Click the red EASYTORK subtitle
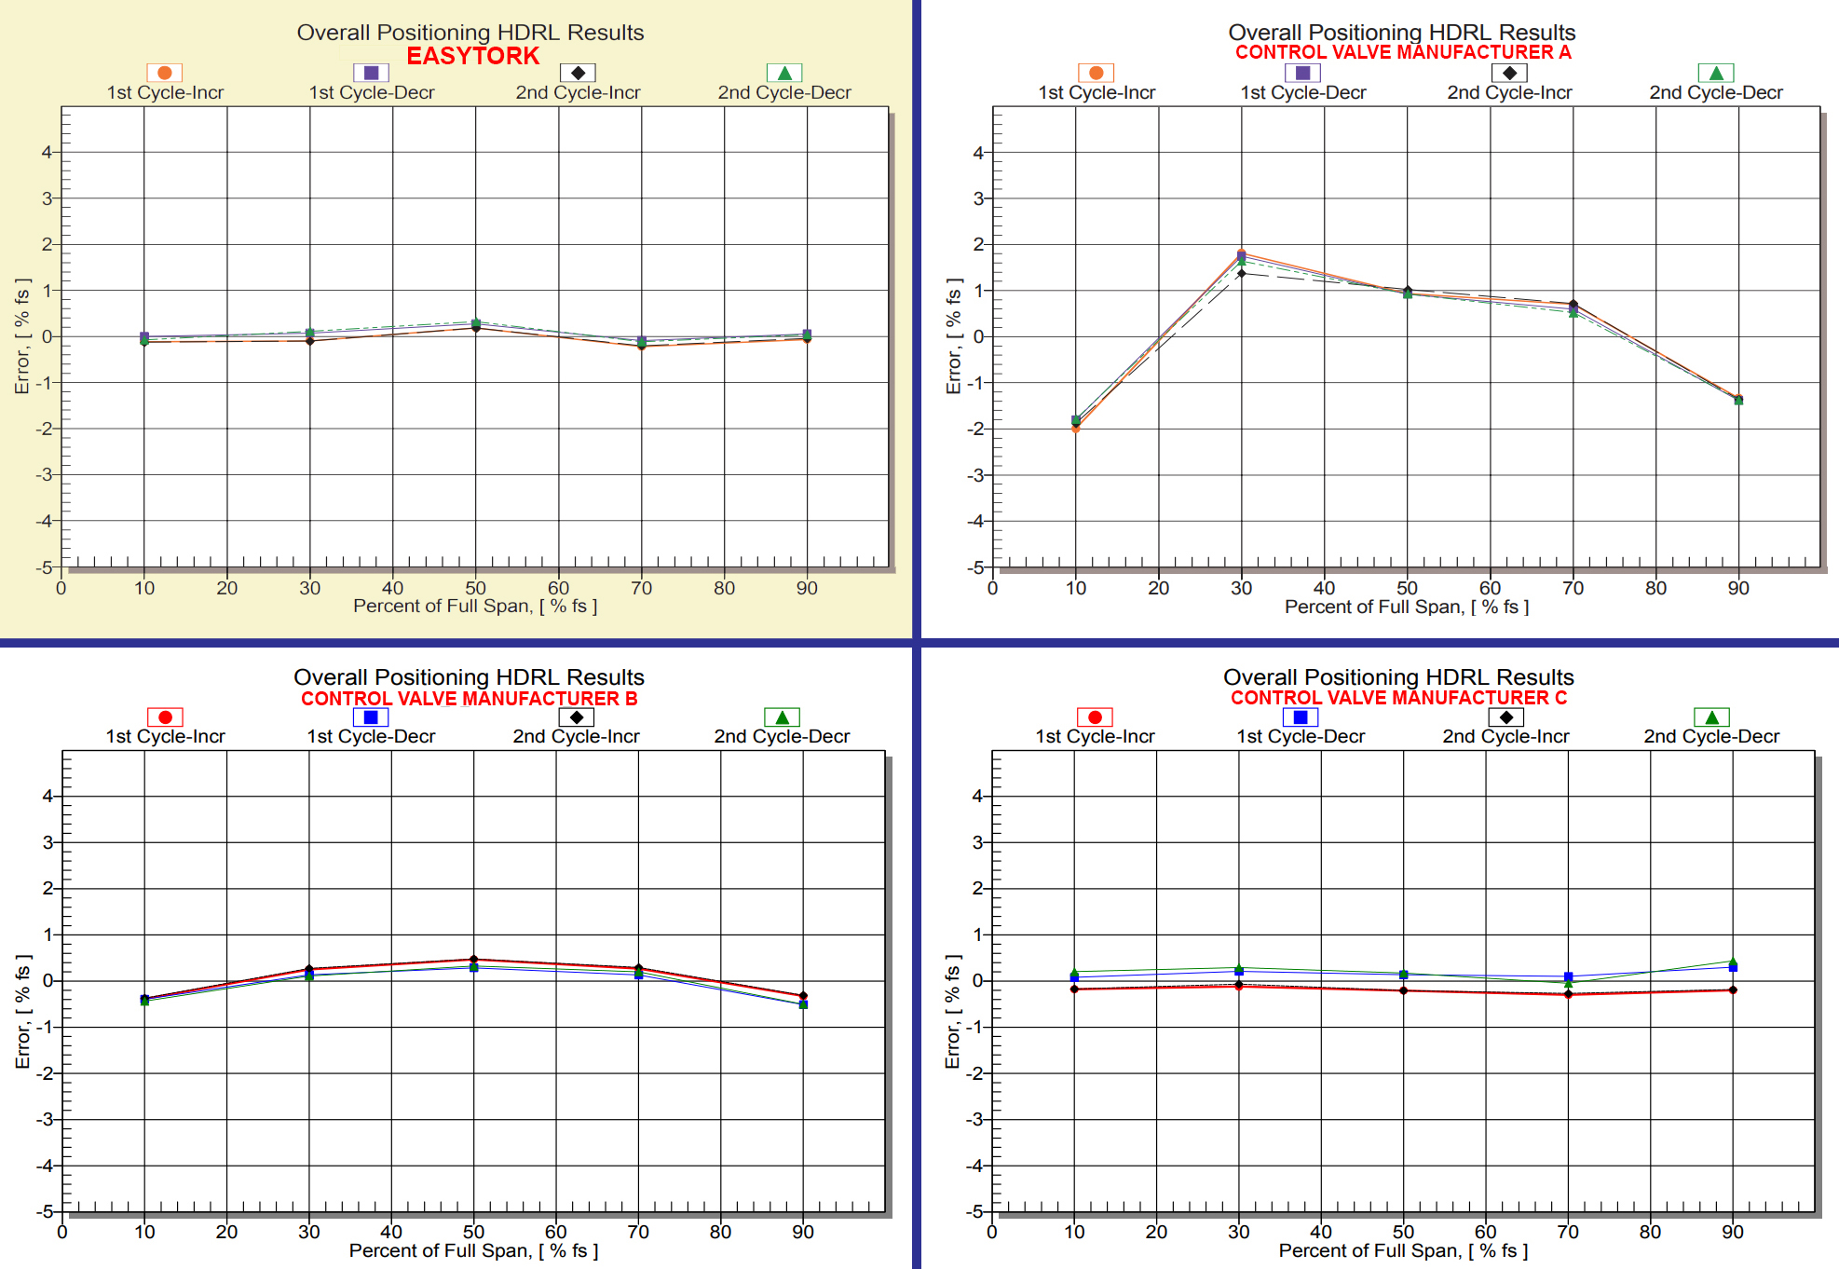click(472, 56)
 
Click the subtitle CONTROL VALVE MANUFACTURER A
click(1402, 52)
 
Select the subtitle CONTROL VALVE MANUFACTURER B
click(469, 698)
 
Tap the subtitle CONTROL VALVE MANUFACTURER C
click(1397, 697)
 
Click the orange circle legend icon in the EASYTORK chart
click(164, 73)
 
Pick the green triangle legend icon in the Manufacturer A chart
click(1715, 73)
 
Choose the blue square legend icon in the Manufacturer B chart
click(370, 716)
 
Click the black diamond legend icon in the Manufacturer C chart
click(1505, 716)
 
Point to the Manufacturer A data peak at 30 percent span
click(1241, 254)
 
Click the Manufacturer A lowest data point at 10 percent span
click(1075, 427)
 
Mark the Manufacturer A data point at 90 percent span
click(1738, 400)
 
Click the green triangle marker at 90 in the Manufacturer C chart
click(1732, 962)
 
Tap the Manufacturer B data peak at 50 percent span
click(473, 960)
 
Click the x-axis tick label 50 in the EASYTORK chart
click(475, 588)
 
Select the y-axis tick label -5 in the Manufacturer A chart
click(975, 566)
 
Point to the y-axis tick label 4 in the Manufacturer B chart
click(47, 796)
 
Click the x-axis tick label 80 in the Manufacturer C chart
click(1649, 1232)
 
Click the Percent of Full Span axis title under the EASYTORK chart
click(474, 606)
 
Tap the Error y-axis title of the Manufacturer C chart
click(952, 1011)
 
